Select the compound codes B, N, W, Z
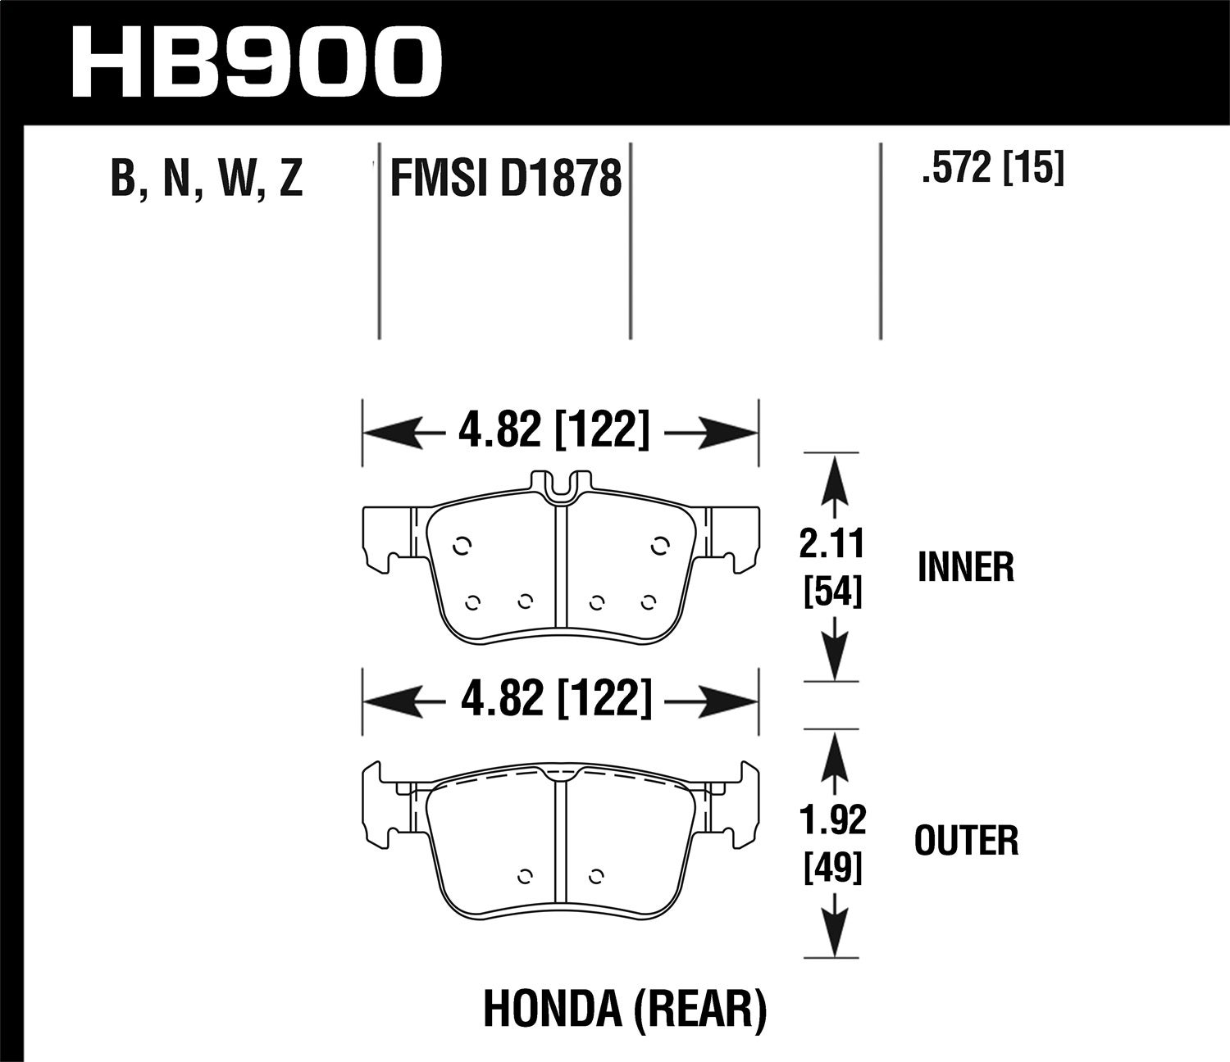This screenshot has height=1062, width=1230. (x=207, y=179)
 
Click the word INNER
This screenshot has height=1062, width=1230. (x=966, y=567)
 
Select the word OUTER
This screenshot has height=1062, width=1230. (x=966, y=842)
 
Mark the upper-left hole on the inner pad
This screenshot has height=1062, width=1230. (x=461, y=544)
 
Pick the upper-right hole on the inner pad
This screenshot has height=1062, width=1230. (x=659, y=544)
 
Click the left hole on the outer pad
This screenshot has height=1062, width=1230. (x=526, y=874)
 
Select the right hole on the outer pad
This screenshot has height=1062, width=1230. (x=597, y=874)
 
